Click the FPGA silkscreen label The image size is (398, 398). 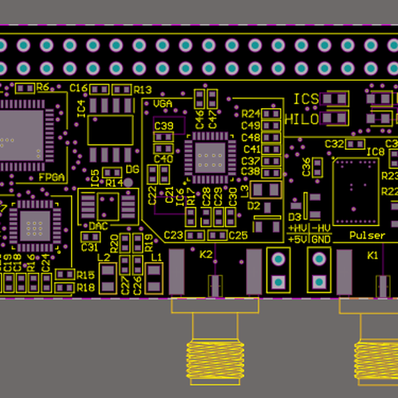tap(51, 178)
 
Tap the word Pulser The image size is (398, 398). tap(367, 235)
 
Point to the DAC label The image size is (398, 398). tap(98, 226)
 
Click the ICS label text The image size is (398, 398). tap(306, 99)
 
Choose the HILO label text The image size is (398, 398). tap(301, 119)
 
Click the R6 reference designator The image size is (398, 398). tap(43, 87)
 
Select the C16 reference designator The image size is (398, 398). tap(79, 88)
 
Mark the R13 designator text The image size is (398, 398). tap(143, 90)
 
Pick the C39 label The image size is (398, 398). tap(163, 125)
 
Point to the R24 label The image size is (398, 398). tap(251, 113)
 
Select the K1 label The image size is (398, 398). tap(373, 254)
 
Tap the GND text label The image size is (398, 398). tap(321, 239)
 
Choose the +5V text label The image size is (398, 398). tap(297, 239)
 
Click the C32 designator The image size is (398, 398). tap(334, 144)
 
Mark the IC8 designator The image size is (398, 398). tap(376, 152)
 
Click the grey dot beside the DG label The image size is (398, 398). tap(129, 182)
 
